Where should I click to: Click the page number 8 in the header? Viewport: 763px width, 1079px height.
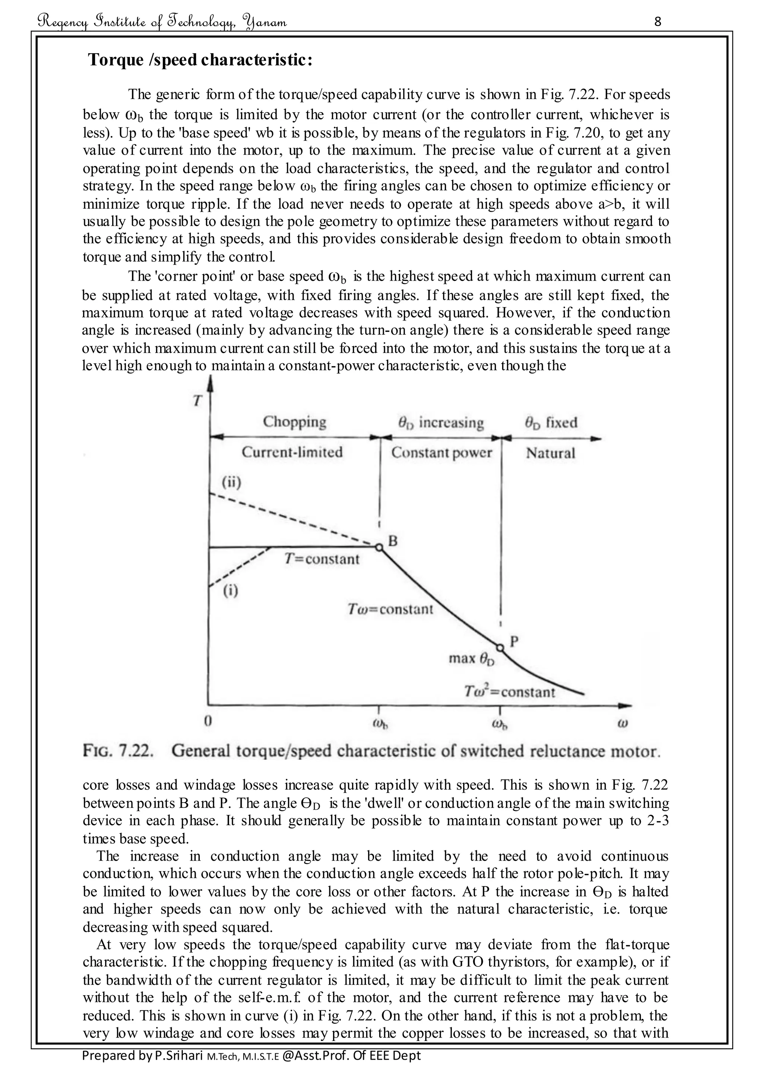coord(657,22)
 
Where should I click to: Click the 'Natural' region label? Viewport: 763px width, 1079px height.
coord(550,453)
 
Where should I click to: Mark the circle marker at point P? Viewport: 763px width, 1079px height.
coord(500,648)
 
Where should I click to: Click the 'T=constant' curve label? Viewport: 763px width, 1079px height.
coord(322,559)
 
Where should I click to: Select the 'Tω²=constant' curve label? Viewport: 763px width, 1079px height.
coord(509,692)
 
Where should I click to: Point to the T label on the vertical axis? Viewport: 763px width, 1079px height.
coord(197,401)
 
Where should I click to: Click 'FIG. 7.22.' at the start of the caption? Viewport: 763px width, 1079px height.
coord(118,750)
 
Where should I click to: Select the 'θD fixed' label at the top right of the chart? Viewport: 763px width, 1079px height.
coord(551,422)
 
